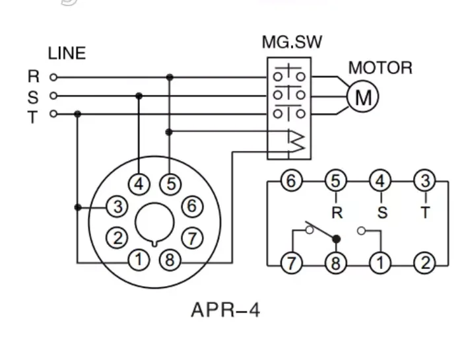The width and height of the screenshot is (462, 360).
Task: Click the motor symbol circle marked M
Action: (363, 98)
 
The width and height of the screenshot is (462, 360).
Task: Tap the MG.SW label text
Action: (292, 43)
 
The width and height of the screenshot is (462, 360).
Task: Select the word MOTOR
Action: (380, 68)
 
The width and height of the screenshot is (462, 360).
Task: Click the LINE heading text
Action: (67, 54)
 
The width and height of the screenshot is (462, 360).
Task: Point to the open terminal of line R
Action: (53, 77)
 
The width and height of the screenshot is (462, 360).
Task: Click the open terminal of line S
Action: (53, 96)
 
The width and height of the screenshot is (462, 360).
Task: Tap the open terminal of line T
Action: (53, 114)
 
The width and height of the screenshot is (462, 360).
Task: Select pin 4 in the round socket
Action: (139, 184)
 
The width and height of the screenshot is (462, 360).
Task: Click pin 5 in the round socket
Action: (170, 184)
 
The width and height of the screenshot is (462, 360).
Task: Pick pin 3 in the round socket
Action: (117, 207)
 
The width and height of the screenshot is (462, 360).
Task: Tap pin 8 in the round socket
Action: (170, 260)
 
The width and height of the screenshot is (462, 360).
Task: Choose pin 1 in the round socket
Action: (139, 260)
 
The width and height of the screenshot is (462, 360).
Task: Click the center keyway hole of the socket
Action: (154, 223)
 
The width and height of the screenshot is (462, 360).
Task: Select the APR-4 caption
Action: (225, 310)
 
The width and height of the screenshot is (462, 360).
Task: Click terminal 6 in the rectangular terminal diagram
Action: (292, 180)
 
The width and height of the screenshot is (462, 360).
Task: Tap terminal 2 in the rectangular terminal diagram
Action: (425, 264)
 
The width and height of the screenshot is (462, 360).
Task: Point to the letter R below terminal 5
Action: (337, 213)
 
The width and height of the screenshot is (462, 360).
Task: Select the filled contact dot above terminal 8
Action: (336, 238)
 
